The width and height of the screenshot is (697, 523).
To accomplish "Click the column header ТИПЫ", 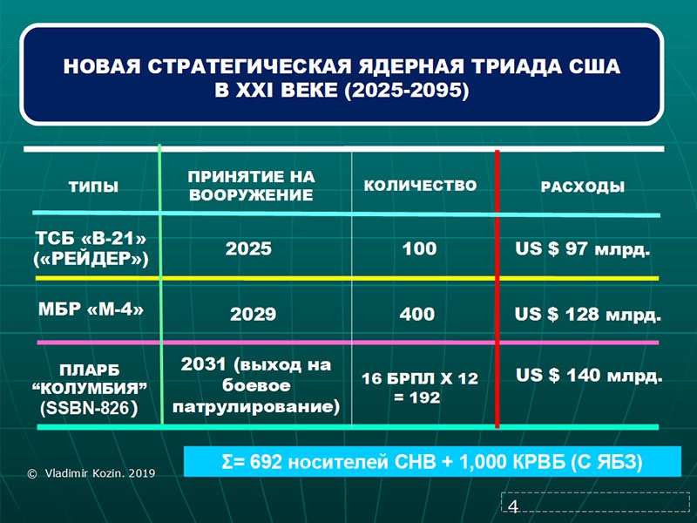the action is click(x=93, y=187).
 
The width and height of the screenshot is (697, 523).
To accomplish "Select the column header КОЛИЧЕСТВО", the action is click(x=420, y=186).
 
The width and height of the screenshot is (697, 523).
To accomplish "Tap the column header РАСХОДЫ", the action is click(x=583, y=187).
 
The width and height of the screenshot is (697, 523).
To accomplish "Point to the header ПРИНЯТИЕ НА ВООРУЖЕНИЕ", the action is click(x=251, y=186).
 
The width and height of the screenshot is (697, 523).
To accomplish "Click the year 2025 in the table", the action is click(x=248, y=248).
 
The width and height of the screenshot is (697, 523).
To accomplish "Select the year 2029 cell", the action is click(x=253, y=315).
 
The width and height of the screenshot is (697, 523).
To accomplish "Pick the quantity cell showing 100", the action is click(x=419, y=248).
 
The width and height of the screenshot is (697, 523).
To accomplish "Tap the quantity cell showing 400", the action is click(x=417, y=315).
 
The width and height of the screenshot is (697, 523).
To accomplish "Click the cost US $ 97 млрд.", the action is click(x=583, y=249).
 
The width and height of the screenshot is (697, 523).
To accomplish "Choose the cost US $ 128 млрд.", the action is click(x=587, y=315).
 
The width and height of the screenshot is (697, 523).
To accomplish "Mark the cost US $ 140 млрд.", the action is click(x=589, y=376).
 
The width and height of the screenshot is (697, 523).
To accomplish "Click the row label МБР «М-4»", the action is click(x=91, y=309).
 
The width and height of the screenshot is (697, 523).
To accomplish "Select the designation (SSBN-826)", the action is click(x=89, y=408).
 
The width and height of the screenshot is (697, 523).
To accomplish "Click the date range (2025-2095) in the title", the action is click(x=407, y=91).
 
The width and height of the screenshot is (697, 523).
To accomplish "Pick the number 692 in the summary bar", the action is click(x=266, y=462).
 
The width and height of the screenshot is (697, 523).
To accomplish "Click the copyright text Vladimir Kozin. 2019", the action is click(x=100, y=473).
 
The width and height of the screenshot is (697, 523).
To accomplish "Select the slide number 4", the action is click(x=513, y=506).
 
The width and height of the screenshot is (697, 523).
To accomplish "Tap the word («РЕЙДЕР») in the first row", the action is click(x=91, y=259).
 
